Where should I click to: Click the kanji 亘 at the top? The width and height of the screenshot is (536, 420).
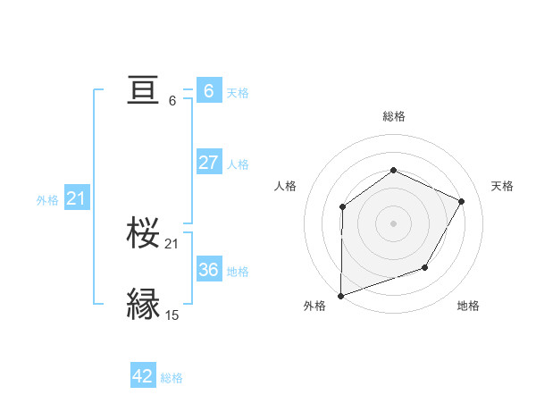144,90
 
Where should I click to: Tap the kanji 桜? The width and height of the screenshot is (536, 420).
144,234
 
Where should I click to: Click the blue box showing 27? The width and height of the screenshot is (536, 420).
208,163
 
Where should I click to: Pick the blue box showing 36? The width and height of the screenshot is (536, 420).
208,269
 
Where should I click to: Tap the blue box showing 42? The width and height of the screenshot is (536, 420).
143,376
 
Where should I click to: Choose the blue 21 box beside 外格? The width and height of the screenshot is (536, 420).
76,198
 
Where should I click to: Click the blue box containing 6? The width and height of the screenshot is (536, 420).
208,90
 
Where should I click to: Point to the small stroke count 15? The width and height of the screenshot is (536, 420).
172,315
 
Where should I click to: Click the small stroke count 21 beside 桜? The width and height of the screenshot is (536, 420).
172,243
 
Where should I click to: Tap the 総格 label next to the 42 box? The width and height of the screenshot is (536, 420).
172,378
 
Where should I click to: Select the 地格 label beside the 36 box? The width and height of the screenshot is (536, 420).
238,271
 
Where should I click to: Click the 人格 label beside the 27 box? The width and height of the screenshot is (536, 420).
238,164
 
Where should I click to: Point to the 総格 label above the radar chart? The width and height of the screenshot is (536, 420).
393,116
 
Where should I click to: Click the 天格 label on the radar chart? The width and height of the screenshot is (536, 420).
502,186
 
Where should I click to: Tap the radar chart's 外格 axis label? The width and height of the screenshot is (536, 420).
314,306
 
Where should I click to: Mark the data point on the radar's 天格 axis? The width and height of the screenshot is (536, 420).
462,201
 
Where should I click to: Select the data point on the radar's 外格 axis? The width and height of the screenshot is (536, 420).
340,295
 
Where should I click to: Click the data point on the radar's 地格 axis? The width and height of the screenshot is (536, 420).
425,267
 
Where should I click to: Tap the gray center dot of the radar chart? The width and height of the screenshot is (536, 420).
393,223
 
